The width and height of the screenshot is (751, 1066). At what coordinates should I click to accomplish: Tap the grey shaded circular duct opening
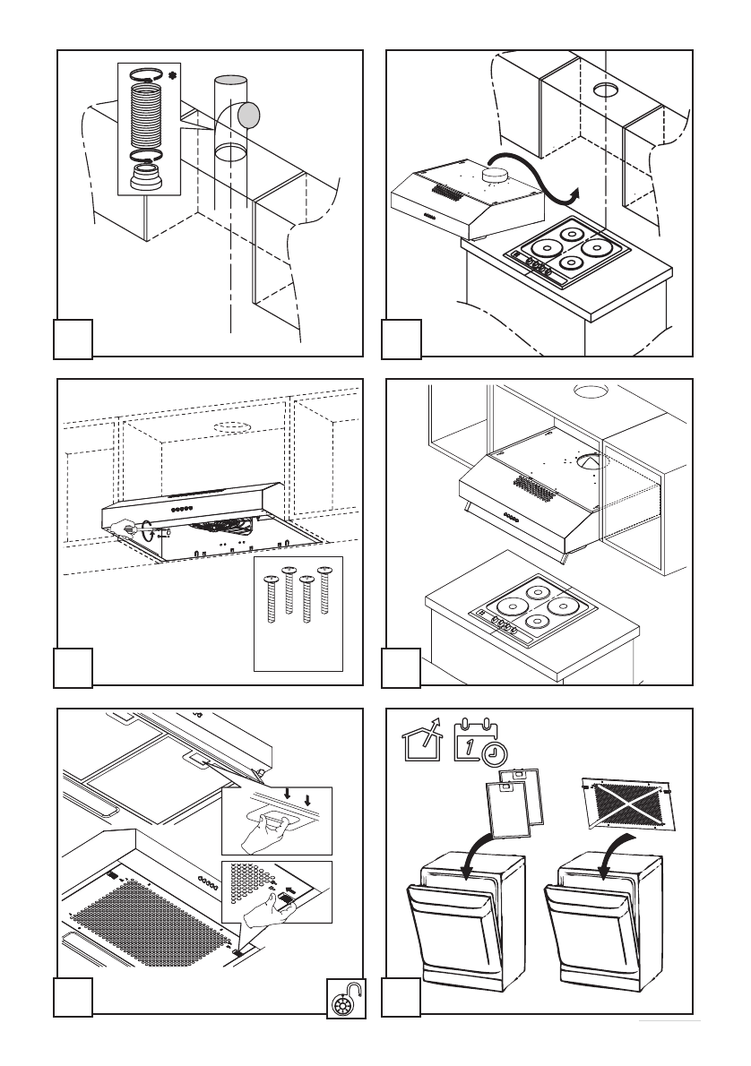coord(248,115)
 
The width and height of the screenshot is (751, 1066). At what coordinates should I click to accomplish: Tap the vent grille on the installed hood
coord(534,484)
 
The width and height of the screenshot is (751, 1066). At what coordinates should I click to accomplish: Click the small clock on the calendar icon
coord(492,754)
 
